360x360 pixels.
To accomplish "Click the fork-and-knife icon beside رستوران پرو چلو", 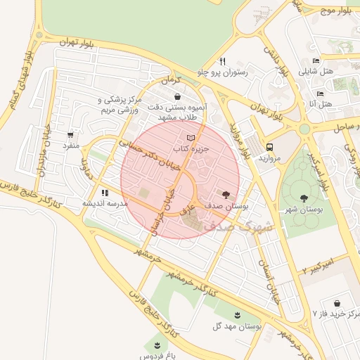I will pyautogui.click(x=223, y=61).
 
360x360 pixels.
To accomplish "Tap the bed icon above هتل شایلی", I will pyautogui.click(x=316, y=60).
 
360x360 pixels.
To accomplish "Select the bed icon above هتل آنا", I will pyautogui.click(x=321, y=94).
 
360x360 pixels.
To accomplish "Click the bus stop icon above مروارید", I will pyautogui.click(x=270, y=146).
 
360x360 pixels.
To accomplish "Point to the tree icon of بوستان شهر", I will pyautogui.click(x=304, y=199).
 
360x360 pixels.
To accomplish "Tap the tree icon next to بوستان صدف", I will pyautogui.click(x=226, y=193).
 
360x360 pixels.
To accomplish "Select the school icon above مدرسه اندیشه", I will pyautogui.click(x=105, y=192).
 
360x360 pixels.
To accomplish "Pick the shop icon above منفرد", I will pyautogui.click(x=70, y=135).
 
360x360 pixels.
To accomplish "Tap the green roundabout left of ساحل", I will pyautogui.click(x=304, y=129).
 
